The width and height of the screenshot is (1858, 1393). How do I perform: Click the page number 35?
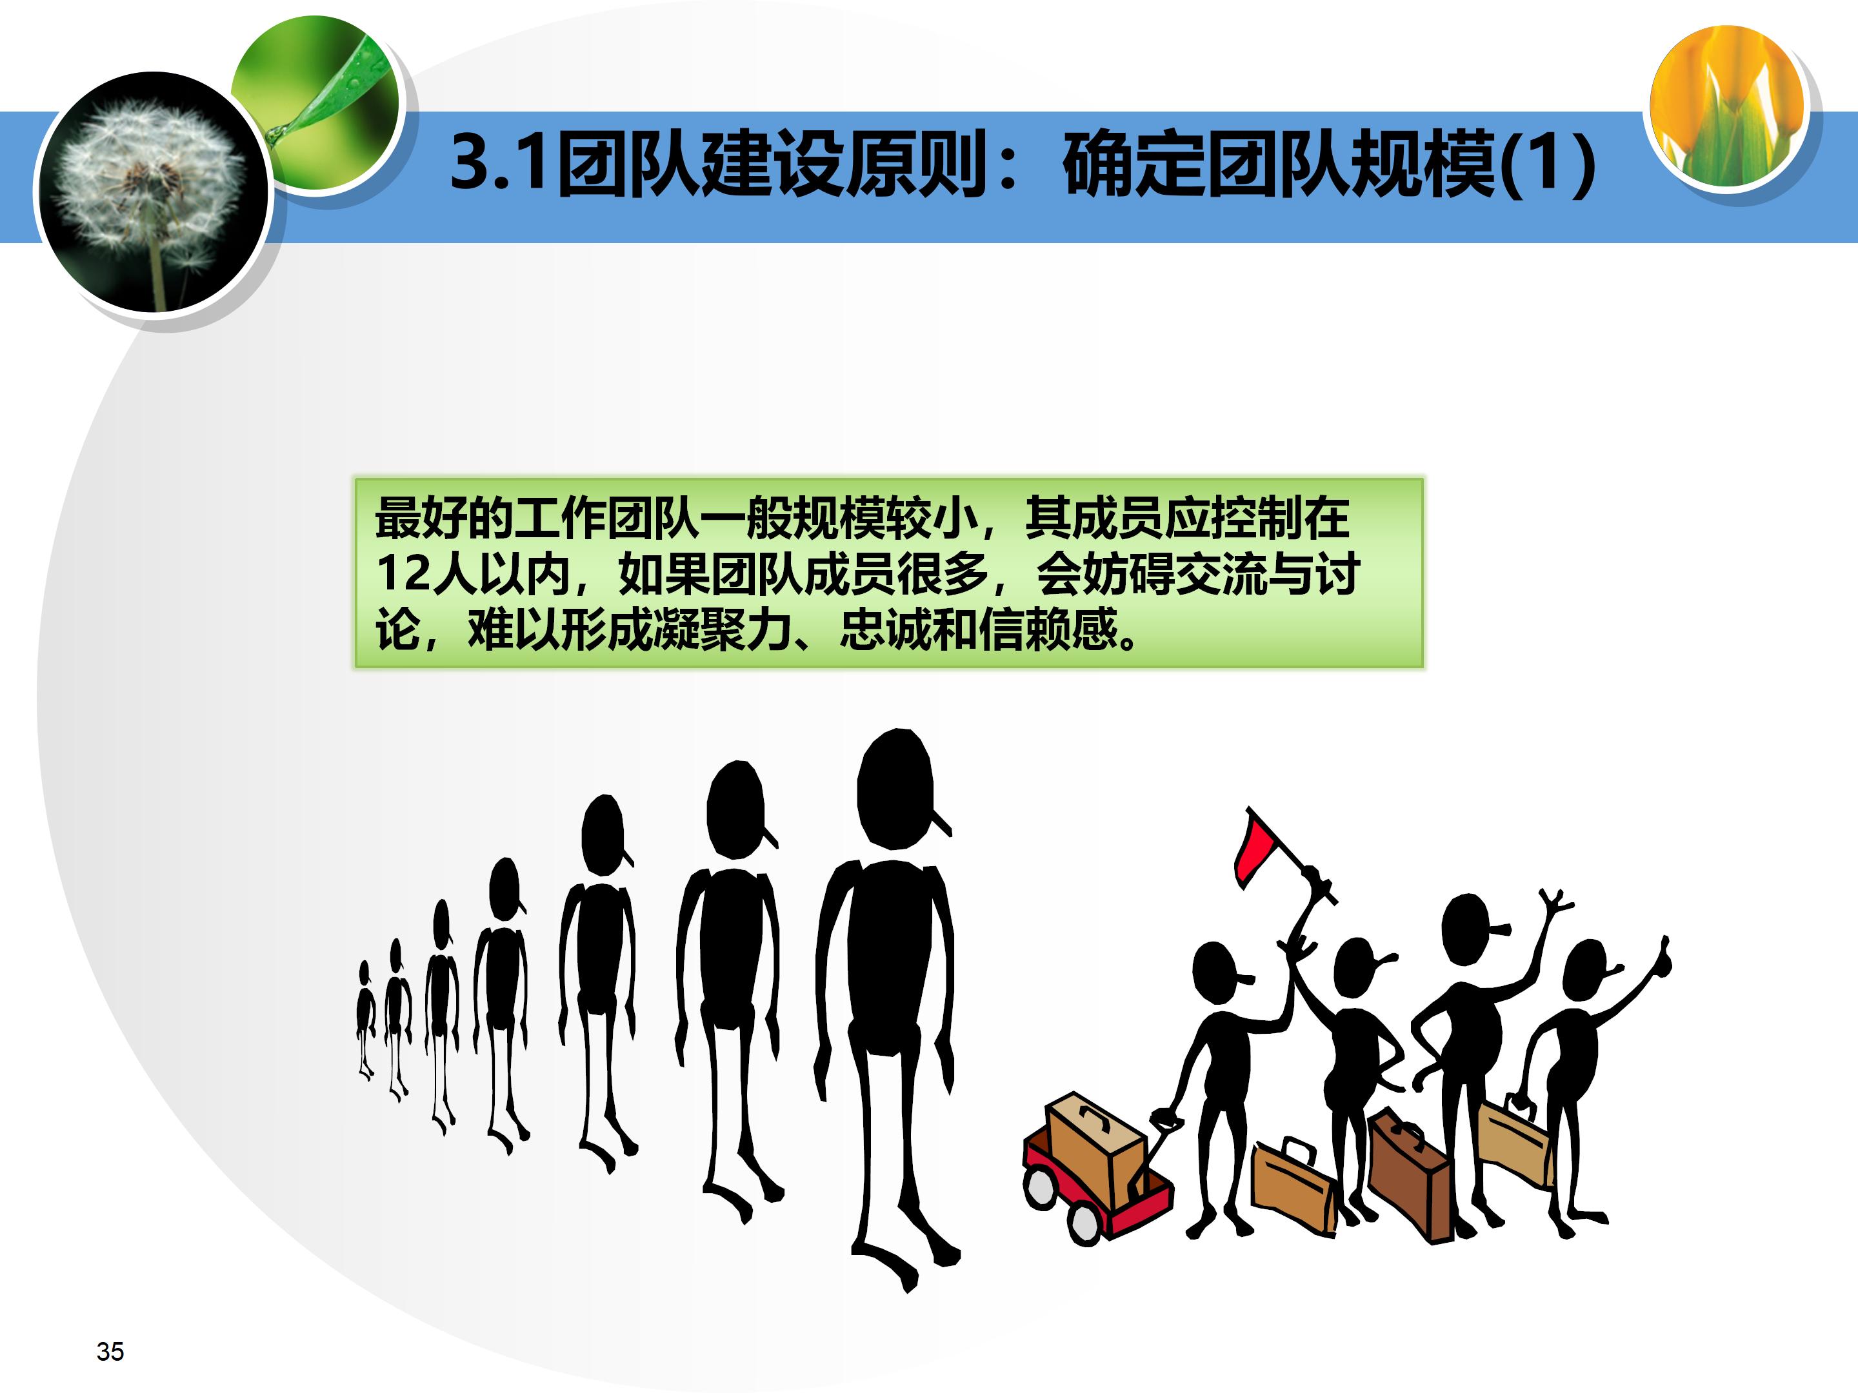click(x=110, y=1351)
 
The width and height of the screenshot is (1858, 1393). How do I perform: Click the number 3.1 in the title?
click(x=501, y=162)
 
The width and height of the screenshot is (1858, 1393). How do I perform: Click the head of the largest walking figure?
click(x=895, y=789)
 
